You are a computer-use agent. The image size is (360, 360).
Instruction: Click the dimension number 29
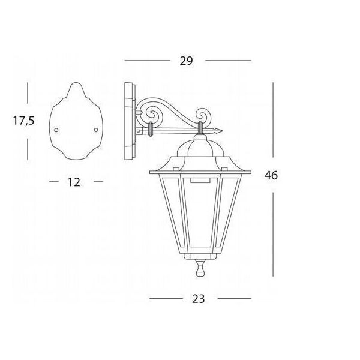[x=186, y=61]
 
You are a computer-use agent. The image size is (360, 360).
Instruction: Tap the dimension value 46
[x=271, y=175]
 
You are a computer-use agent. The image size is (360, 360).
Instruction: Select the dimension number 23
[x=199, y=299]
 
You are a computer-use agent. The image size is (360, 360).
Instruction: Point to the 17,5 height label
[x=23, y=121]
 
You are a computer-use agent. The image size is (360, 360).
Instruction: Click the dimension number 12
[x=74, y=182]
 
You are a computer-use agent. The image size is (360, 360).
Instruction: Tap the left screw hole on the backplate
[x=56, y=130]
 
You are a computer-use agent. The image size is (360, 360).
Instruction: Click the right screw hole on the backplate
[x=96, y=130]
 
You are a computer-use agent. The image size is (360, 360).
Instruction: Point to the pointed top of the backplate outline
[x=76, y=83]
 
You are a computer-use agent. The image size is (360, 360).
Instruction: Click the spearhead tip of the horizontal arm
[x=222, y=131]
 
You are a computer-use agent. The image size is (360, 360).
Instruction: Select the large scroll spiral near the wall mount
[x=149, y=113]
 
